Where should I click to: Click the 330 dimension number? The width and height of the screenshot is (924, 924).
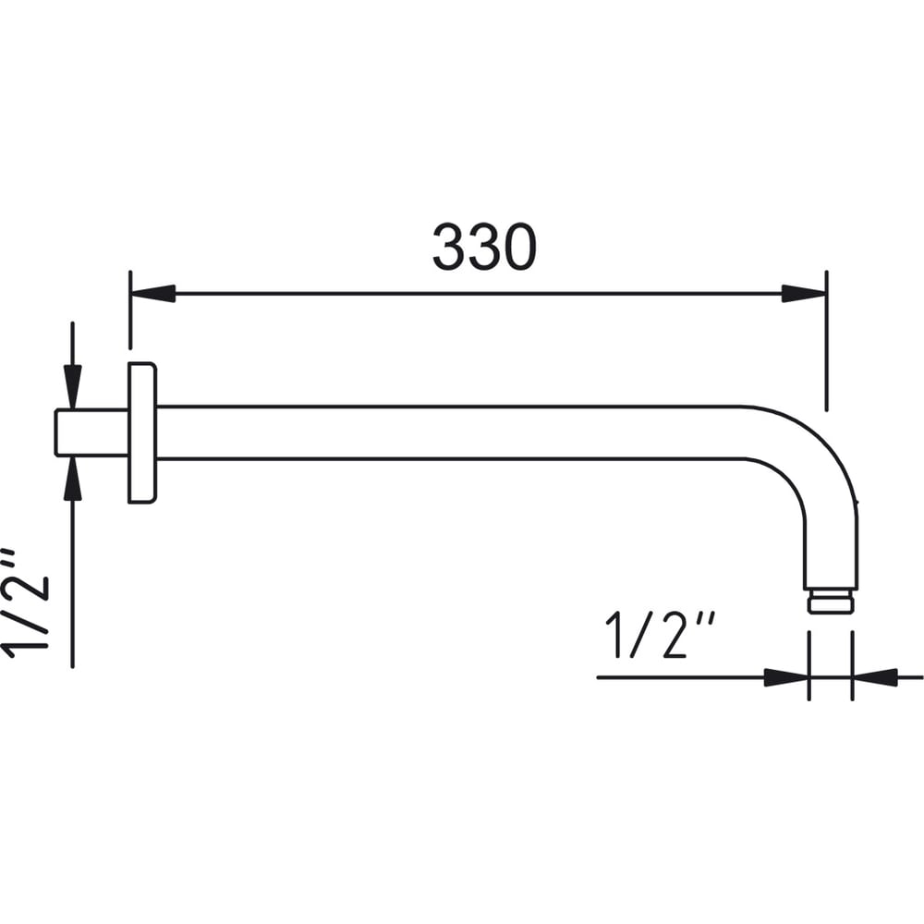click(484, 247)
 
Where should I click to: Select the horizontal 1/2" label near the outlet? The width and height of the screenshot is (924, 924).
click(661, 636)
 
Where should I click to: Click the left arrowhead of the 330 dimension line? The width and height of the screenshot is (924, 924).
click(153, 294)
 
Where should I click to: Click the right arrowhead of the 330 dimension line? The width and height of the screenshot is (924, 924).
click(804, 294)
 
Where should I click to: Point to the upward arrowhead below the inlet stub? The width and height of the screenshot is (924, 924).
click(72, 479)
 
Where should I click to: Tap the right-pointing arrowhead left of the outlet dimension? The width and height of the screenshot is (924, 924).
click(786, 677)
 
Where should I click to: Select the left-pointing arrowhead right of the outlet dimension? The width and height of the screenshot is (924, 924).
click(875, 677)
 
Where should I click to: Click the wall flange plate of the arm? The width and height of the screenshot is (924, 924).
click(142, 432)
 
